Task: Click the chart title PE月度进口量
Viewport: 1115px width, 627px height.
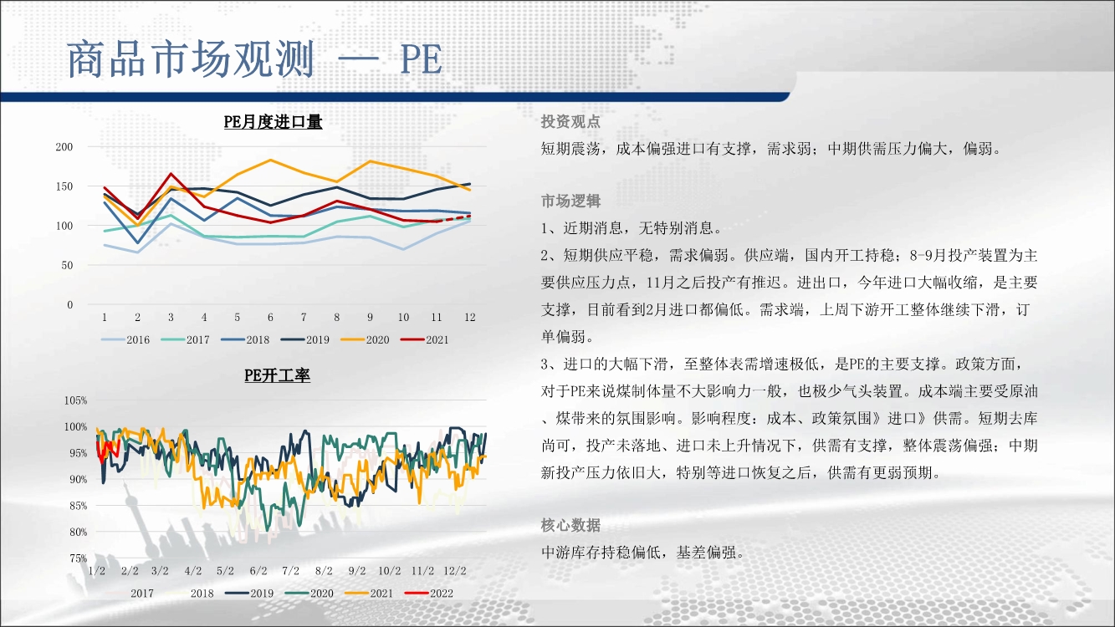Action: tap(273, 122)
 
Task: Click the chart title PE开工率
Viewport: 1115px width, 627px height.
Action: tap(277, 375)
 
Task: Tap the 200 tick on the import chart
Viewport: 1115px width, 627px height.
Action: tap(64, 147)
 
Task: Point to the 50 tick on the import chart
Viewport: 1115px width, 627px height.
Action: tap(67, 265)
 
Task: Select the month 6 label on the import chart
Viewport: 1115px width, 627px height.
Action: tap(270, 317)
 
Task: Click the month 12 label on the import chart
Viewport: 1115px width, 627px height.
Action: tap(469, 317)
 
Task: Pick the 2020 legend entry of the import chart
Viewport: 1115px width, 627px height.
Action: tap(365, 340)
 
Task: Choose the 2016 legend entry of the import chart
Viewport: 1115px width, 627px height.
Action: tap(125, 340)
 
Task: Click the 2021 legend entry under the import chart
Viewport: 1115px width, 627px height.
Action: tap(425, 340)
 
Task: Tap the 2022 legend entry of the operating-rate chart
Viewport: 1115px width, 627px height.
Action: tap(428, 594)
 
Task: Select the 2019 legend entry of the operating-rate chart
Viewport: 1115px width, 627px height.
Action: tap(249, 594)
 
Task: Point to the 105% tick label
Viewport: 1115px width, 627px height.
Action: tap(75, 400)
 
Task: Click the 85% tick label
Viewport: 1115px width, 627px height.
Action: tap(78, 506)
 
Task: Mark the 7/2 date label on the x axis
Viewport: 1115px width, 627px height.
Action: tap(291, 571)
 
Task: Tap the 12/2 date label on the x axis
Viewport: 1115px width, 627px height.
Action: tap(455, 571)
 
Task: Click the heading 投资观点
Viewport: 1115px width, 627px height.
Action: tap(570, 121)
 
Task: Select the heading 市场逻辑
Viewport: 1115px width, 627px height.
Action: tap(570, 201)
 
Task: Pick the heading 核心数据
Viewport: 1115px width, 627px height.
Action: tap(570, 525)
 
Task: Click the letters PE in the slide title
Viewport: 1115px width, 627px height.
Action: tap(421, 59)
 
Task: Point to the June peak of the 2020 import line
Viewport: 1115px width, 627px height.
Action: tap(270, 160)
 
